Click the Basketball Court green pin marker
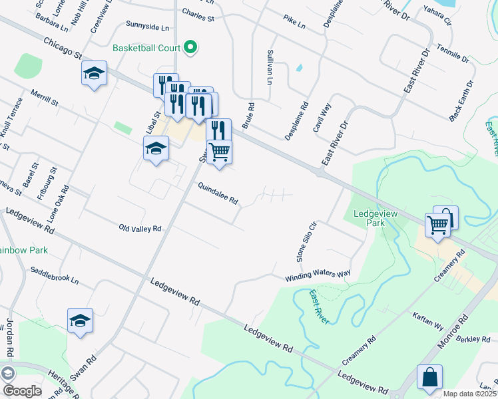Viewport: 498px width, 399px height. (190, 47)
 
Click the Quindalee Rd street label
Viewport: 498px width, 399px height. (217, 194)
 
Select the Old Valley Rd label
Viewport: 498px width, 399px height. (140, 228)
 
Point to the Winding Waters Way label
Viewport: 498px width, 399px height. (318, 275)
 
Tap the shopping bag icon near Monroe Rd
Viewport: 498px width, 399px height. (429, 376)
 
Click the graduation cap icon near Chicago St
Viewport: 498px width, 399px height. (94, 72)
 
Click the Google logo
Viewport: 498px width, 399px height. (21, 390)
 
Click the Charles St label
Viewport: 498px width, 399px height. (198, 16)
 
